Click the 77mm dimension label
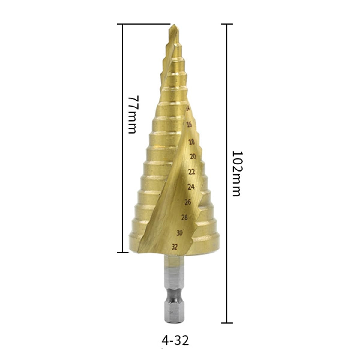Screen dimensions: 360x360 click(x=134, y=115)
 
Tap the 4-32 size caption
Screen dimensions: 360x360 click(x=175, y=341)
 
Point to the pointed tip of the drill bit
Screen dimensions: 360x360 click(x=174, y=25)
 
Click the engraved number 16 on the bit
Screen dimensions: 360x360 click(x=189, y=124)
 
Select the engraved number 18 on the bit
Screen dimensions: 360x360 click(x=192, y=142)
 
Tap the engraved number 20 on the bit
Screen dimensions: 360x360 click(x=193, y=156)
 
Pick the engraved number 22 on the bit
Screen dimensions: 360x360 click(x=192, y=172)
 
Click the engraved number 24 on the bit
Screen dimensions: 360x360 click(x=191, y=187)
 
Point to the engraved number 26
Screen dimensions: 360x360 click(x=188, y=202)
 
